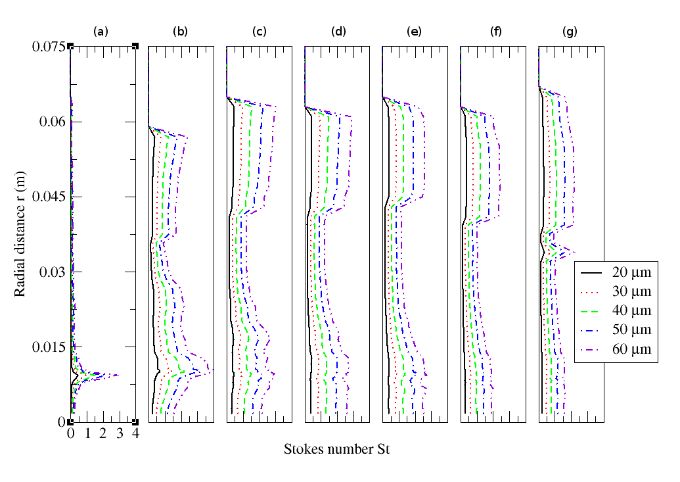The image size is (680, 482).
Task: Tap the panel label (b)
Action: click(x=180, y=31)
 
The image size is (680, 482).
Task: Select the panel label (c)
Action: click(x=259, y=31)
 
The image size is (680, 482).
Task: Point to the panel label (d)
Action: click(x=337, y=31)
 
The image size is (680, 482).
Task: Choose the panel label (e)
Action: click(x=415, y=31)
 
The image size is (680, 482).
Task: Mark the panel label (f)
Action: click(x=493, y=31)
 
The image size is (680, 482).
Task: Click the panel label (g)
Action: click(x=570, y=31)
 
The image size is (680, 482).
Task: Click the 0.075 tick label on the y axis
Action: click(x=48, y=47)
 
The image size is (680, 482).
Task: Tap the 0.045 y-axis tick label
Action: click(x=48, y=197)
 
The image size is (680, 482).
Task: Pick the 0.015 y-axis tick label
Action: click(x=48, y=347)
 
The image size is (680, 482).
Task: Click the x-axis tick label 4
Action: click(x=135, y=435)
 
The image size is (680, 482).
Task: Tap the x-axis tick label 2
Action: click(x=103, y=435)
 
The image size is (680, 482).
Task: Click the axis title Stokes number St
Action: click(x=337, y=450)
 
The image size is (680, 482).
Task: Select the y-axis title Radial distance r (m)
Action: click(x=20, y=234)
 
